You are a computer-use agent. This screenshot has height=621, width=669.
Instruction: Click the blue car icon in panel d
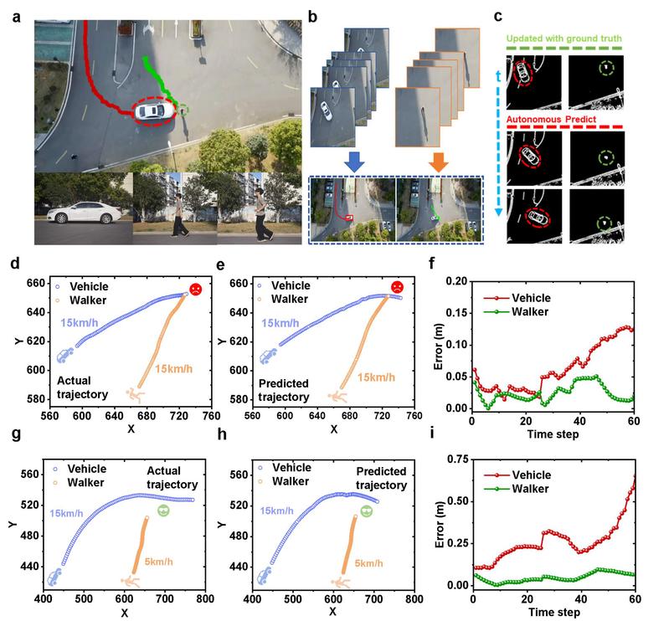(x=64, y=356)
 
